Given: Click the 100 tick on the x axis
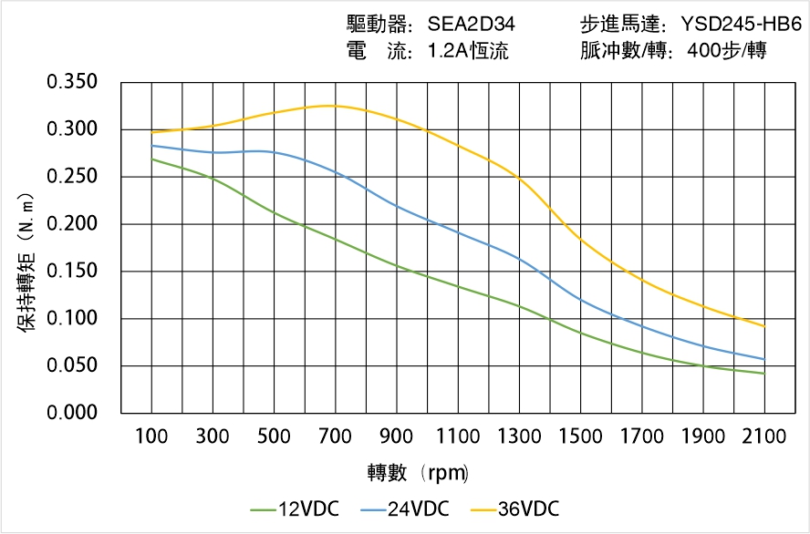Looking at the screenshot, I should click(151, 436).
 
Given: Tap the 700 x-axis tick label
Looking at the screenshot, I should click(336, 436).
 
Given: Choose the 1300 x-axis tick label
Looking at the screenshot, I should click(519, 436).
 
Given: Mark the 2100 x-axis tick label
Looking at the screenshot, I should click(764, 436).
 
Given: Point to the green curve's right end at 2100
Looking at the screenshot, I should click(764, 374).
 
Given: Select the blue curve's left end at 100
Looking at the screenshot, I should click(151, 146).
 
